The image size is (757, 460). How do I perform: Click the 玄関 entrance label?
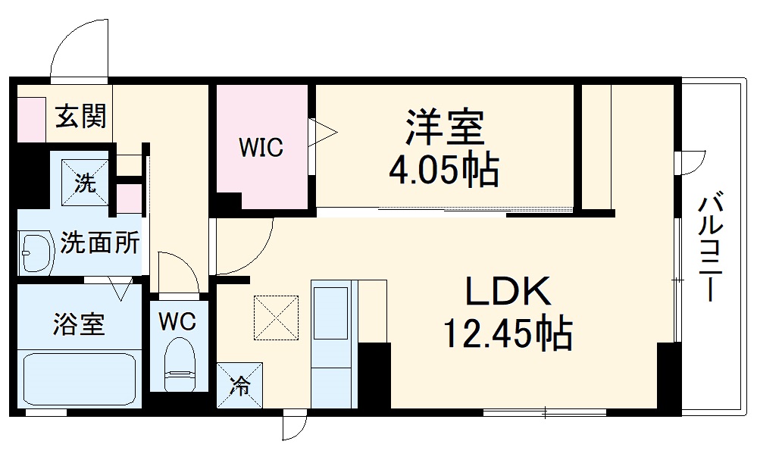pyautogui.click(x=80, y=117)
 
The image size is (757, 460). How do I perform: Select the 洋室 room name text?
pyautogui.click(x=445, y=127)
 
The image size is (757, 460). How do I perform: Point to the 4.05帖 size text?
pyautogui.click(x=444, y=171)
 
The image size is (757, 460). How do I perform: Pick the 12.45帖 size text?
pyautogui.click(x=507, y=333)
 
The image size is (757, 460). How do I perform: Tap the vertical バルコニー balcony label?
pyautogui.click(x=709, y=247)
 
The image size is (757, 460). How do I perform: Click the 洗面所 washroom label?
pyautogui.click(x=100, y=243)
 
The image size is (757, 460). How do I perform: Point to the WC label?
pyautogui.click(x=177, y=321)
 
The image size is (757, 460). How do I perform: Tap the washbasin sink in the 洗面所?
pyautogui.click(x=34, y=252)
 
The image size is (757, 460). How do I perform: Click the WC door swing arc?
pyautogui.click(x=179, y=271)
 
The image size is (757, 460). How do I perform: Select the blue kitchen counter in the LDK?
pyautogui.click(x=331, y=345)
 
